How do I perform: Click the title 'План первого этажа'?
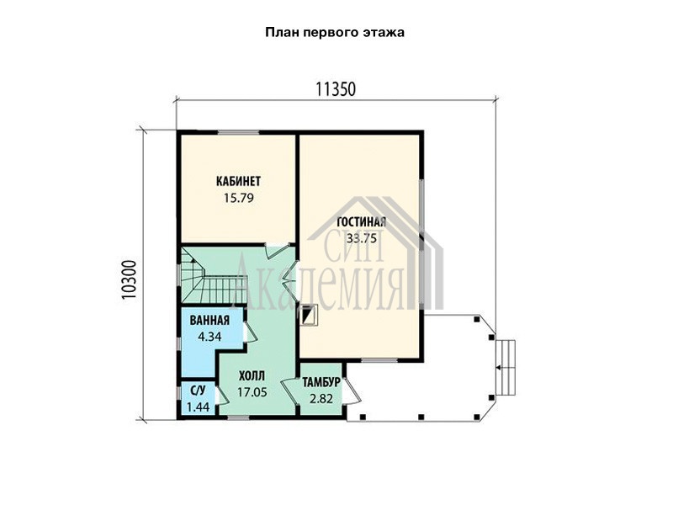click(x=334, y=33)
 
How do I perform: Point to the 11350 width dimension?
click(x=336, y=89)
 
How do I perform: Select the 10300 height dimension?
click(x=129, y=279)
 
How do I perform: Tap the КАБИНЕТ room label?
click(x=238, y=181)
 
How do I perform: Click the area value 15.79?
click(x=239, y=198)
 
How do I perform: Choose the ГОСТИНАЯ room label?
click(x=362, y=222)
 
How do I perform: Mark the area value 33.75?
click(x=362, y=238)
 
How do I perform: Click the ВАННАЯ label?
click(x=209, y=321)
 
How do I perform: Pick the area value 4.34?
click(x=209, y=337)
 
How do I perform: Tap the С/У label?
click(x=198, y=391)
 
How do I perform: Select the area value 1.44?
click(x=198, y=407)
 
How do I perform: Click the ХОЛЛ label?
click(x=252, y=376)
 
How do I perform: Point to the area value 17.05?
click(x=252, y=392)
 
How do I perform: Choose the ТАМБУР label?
click(x=321, y=382)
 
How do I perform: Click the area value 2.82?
click(x=321, y=399)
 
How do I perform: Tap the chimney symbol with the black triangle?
click(x=309, y=315)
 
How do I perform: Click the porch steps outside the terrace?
click(x=506, y=367)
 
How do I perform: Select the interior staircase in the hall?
click(x=214, y=276)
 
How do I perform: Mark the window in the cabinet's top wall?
click(x=238, y=132)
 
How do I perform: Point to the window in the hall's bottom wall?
click(x=238, y=417)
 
